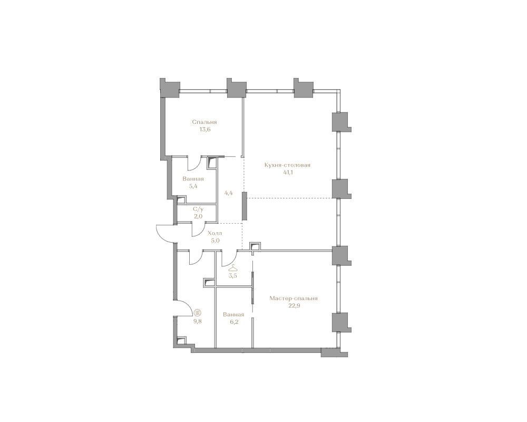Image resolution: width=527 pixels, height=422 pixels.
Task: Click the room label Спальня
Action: [204, 122]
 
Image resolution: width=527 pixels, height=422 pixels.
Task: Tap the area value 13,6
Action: [204, 130]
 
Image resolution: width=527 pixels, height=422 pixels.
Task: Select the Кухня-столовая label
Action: [287, 165]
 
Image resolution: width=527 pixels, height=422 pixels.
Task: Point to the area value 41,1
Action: [288, 172]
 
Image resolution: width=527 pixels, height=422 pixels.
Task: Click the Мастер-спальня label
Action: [294, 299]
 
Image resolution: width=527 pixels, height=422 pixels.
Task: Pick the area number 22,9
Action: [294, 306]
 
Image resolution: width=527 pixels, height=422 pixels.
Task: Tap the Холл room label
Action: [215, 233]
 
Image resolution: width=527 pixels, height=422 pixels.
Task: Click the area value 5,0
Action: [215, 241]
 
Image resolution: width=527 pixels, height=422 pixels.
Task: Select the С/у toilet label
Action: [198, 209]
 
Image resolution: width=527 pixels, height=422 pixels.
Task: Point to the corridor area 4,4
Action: [229, 193]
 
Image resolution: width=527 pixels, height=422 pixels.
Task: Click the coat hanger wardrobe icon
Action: [232, 268]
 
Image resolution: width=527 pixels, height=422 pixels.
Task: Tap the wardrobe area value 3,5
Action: [232, 275]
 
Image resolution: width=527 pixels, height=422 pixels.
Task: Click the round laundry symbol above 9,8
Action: [198, 313]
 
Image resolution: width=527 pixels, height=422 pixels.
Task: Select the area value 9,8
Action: [197, 321]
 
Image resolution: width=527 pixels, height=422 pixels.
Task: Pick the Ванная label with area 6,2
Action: [233, 314]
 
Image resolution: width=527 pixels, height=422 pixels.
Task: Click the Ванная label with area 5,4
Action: [193, 179]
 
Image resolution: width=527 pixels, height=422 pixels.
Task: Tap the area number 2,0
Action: [198, 216]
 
